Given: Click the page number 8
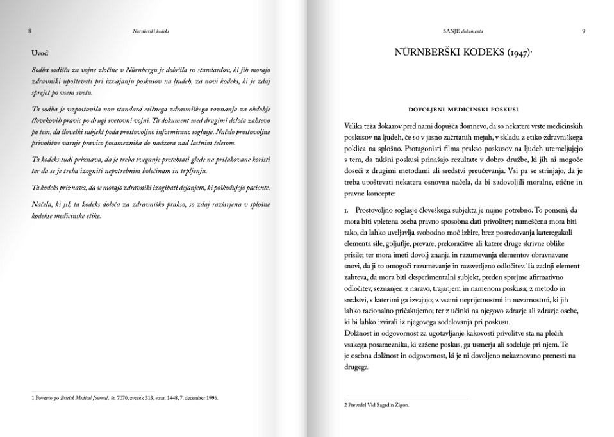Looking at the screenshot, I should click(30, 30).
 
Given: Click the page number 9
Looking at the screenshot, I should click(583, 30).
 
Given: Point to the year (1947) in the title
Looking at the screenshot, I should click(517, 54).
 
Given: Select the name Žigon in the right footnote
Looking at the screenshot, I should click(399, 405).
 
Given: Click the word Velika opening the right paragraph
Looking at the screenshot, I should click(355, 127).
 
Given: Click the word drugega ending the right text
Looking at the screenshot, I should click(357, 367).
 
